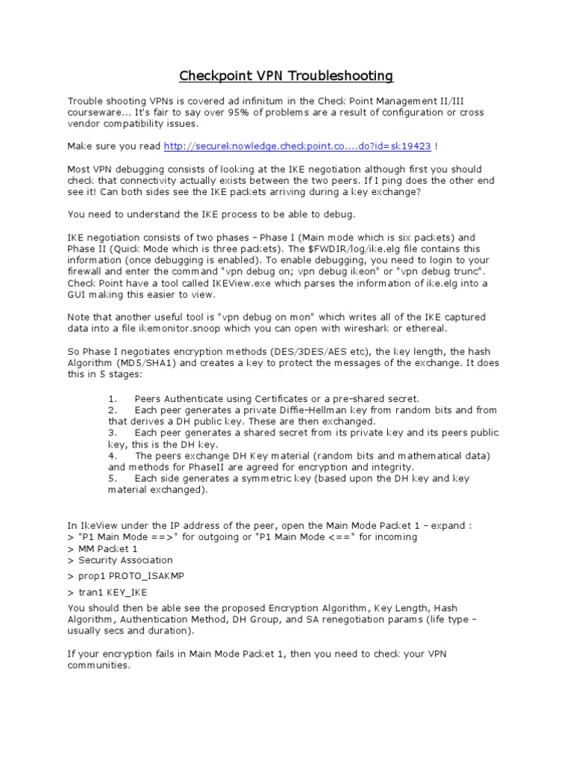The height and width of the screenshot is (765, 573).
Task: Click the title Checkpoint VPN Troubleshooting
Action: (x=286, y=76)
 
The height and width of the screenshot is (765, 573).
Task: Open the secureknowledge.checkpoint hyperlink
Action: (x=302, y=146)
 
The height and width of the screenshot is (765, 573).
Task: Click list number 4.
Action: (x=112, y=455)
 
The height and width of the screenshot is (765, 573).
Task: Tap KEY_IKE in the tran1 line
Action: (x=124, y=592)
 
